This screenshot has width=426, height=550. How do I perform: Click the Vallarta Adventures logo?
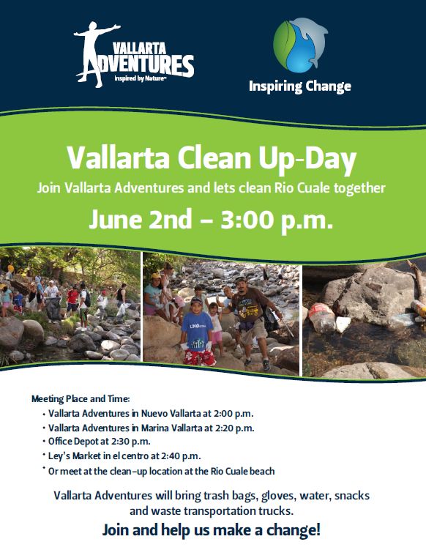tap(134, 55)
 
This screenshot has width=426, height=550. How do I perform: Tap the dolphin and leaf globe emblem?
tap(301, 45)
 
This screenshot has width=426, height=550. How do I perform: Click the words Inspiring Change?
tap(300, 86)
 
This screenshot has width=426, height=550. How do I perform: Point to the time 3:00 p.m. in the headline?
tap(277, 219)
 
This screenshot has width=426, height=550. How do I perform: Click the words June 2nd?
tap(141, 219)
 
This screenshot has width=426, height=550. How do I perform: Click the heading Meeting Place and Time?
tap(81, 399)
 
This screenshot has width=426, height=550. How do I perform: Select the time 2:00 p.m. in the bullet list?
tap(233, 414)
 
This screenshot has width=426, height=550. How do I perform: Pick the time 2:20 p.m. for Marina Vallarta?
tap(234, 428)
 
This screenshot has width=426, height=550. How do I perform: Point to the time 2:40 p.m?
tap(181, 456)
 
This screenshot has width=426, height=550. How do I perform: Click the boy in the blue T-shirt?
tap(196, 332)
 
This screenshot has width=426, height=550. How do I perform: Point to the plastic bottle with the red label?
tap(322, 318)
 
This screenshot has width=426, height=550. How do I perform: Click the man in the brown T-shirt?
tap(253, 321)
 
